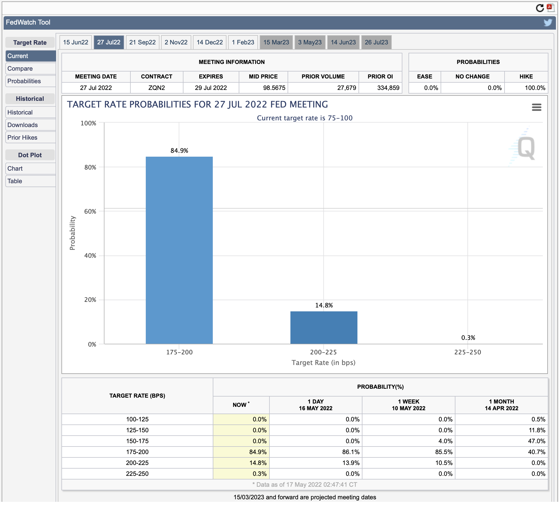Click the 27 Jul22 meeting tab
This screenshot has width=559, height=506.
[109, 42]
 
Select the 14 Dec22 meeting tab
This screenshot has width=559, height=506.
[210, 42]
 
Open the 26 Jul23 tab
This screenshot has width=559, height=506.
[376, 42]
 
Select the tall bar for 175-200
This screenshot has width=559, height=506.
[179, 250]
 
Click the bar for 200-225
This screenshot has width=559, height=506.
[324, 328]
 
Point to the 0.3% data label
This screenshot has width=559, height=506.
[468, 338]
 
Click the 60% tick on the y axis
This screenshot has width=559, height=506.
[90, 211]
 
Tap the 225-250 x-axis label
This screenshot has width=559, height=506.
[468, 352]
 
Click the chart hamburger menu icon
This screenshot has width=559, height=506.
[537, 107]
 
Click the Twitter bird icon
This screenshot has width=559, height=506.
[548, 22]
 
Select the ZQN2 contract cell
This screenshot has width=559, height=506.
[157, 88]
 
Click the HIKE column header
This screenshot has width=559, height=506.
[526, 77]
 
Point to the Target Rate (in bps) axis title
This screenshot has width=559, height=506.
[324, 362]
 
